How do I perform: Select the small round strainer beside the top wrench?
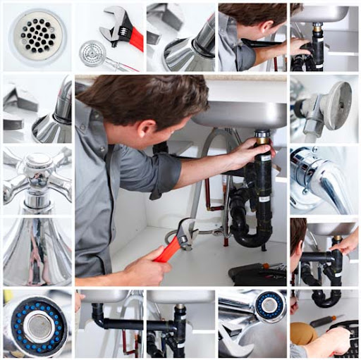coord(92,54)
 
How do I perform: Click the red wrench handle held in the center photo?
coord(168,250)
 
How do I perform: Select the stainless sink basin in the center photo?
coord(240,113)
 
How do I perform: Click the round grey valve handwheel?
coord(334,105)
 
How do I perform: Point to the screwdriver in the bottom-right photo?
coord(327,321)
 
